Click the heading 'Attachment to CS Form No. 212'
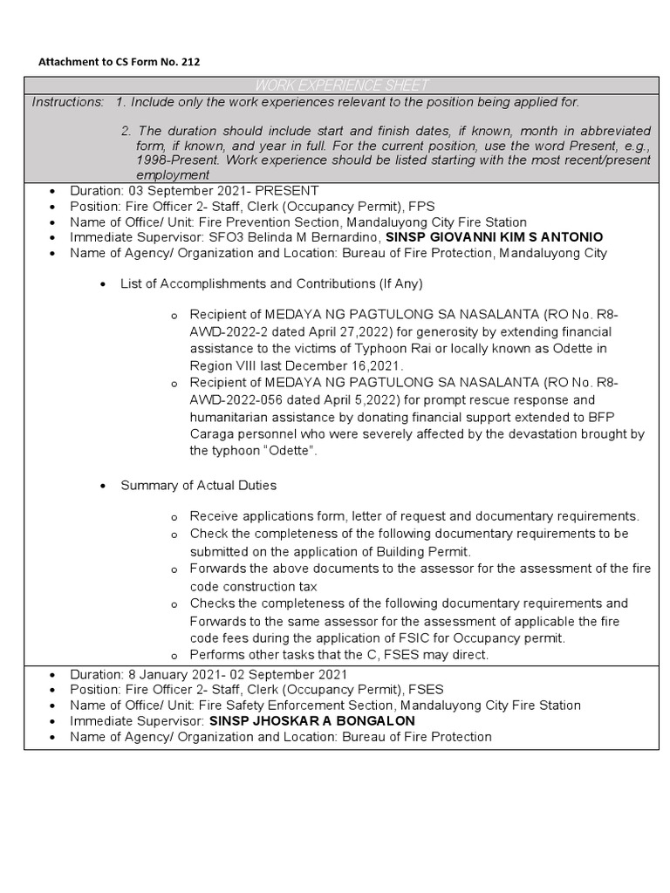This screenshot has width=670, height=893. coord(124,62)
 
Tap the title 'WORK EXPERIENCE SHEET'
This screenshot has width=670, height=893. coord(341,85)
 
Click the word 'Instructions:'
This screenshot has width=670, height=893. coord(68,102)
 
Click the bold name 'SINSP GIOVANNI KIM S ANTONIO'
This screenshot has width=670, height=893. coord(494,237)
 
